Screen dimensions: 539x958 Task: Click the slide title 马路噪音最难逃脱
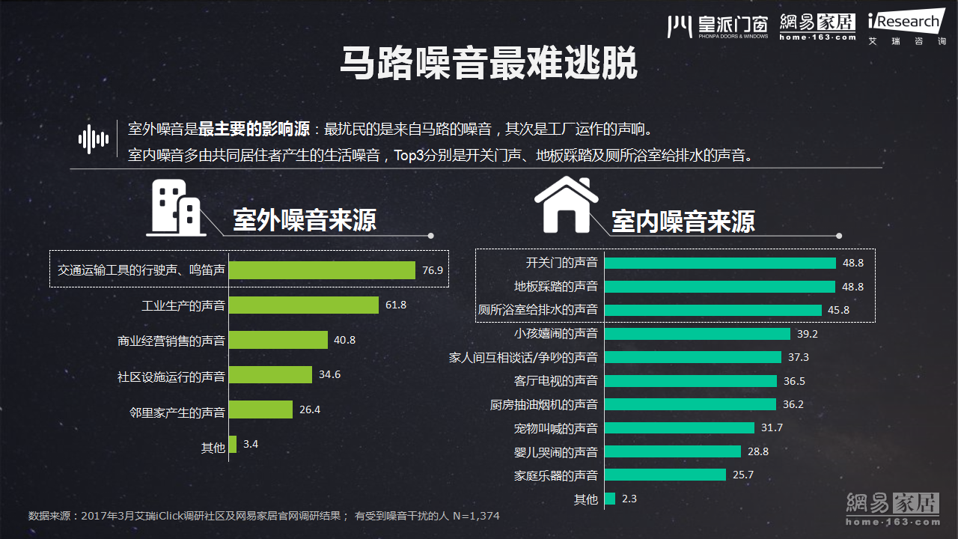[488, 63]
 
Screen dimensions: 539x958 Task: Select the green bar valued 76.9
[322, 270]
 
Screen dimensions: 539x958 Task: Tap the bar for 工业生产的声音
[303, 305]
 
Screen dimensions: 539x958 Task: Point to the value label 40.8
[344, 340]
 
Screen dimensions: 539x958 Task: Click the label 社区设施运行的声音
[171, 375]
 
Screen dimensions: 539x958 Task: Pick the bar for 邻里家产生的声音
[260, 409]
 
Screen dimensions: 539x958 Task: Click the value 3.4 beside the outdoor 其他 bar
[251, 444]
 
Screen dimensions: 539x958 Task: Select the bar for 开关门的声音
[720, 263]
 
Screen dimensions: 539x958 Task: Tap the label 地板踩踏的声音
[556, 286]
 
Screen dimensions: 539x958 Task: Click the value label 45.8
[838, 310]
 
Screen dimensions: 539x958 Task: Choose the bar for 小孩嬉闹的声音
[697, 333]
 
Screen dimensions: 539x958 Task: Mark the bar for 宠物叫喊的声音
[679, 427]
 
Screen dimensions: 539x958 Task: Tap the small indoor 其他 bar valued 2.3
[609, 499]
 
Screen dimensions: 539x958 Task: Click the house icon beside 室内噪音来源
[566, 204]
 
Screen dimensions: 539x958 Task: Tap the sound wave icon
[94, 139]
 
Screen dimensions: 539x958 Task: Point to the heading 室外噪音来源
[305, 220]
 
